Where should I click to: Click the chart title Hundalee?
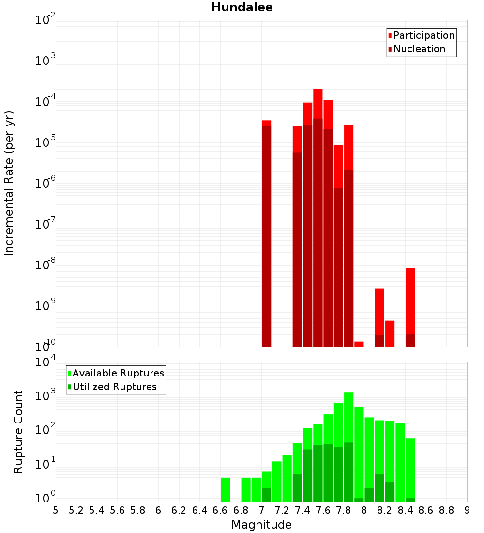pos(242,7)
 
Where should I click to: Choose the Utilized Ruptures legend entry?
pos(114,387)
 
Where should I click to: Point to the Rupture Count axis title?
pos(18,432)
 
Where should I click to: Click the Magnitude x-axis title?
pos(261,525)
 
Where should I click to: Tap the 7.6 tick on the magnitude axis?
pos(323,510)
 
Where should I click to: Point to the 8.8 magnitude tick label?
pos(447,510)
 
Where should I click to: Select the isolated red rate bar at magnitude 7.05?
pos(266,233)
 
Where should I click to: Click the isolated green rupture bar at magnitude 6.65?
pos(225,489)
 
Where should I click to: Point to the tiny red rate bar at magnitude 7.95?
pos(359,344)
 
